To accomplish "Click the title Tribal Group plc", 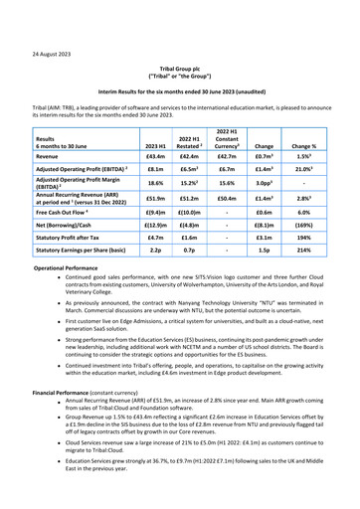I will [x=179, y=68].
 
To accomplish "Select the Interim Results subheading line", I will [x=179, y=91].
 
